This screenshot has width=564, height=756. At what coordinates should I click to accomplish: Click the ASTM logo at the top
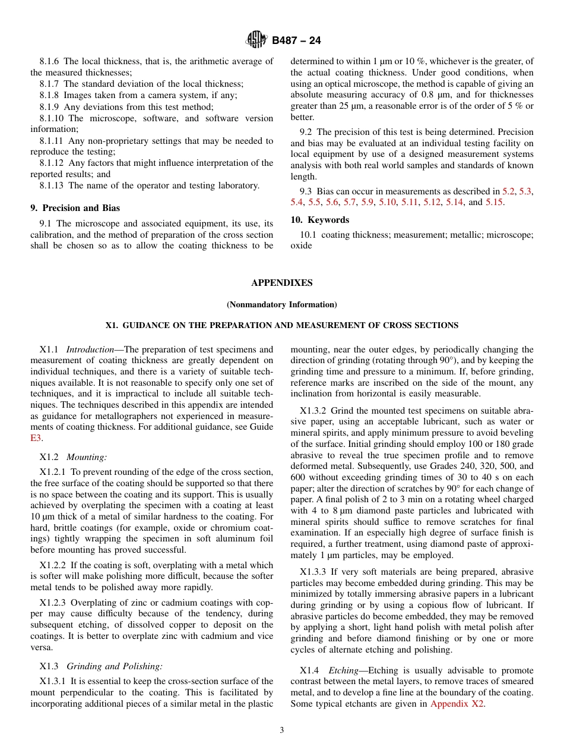(x=256, y=40)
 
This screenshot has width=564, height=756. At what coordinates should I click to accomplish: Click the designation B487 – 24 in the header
(x=296, y=41)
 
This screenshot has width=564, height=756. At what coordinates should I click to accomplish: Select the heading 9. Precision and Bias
(x=75, y=208)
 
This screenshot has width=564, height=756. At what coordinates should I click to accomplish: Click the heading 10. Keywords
(x=319, y=220)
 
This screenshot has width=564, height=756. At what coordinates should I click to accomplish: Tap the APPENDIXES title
(x=281, y=283)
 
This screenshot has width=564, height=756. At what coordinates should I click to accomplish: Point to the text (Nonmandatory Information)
(x=281, y=305)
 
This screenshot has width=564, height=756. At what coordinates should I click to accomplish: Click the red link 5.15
(x=494, y=203)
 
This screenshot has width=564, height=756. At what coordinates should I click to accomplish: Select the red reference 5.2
(x=509, y=191)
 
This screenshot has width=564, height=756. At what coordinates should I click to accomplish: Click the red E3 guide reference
(x=36, y=438)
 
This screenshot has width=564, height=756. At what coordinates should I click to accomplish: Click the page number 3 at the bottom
(x=282, y=730)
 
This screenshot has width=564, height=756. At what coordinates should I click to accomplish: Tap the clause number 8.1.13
(x=52, y=185)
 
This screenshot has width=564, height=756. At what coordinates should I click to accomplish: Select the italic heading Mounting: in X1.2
(x=87, y=457)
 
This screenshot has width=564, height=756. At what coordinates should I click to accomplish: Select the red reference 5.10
(x=387, y=203)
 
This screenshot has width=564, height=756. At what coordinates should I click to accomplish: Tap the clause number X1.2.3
(x=53, y=603)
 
